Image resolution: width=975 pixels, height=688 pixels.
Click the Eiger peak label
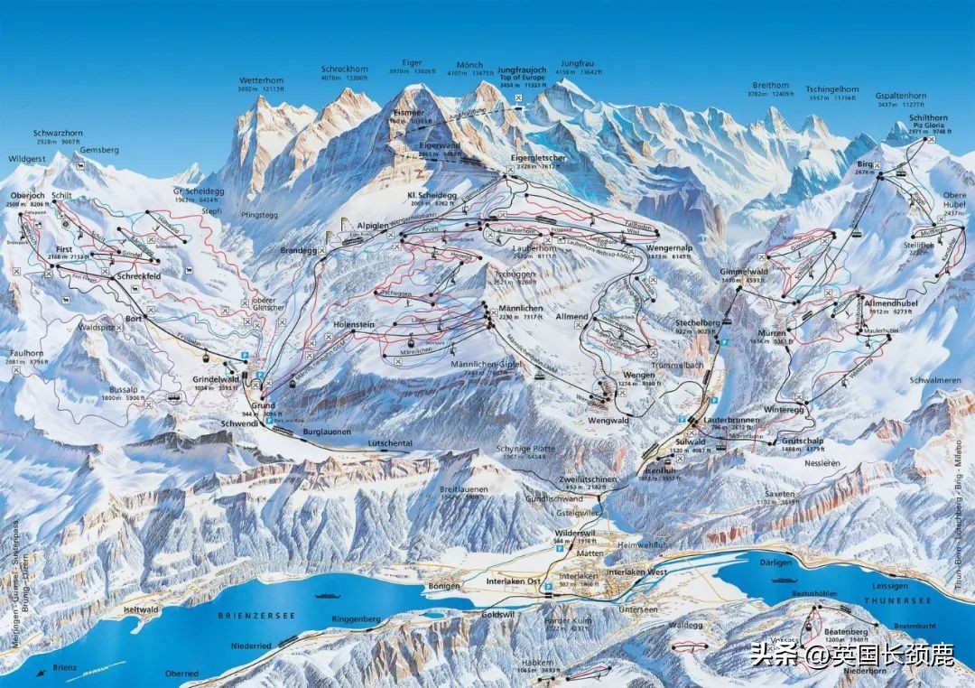coord(412,63)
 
